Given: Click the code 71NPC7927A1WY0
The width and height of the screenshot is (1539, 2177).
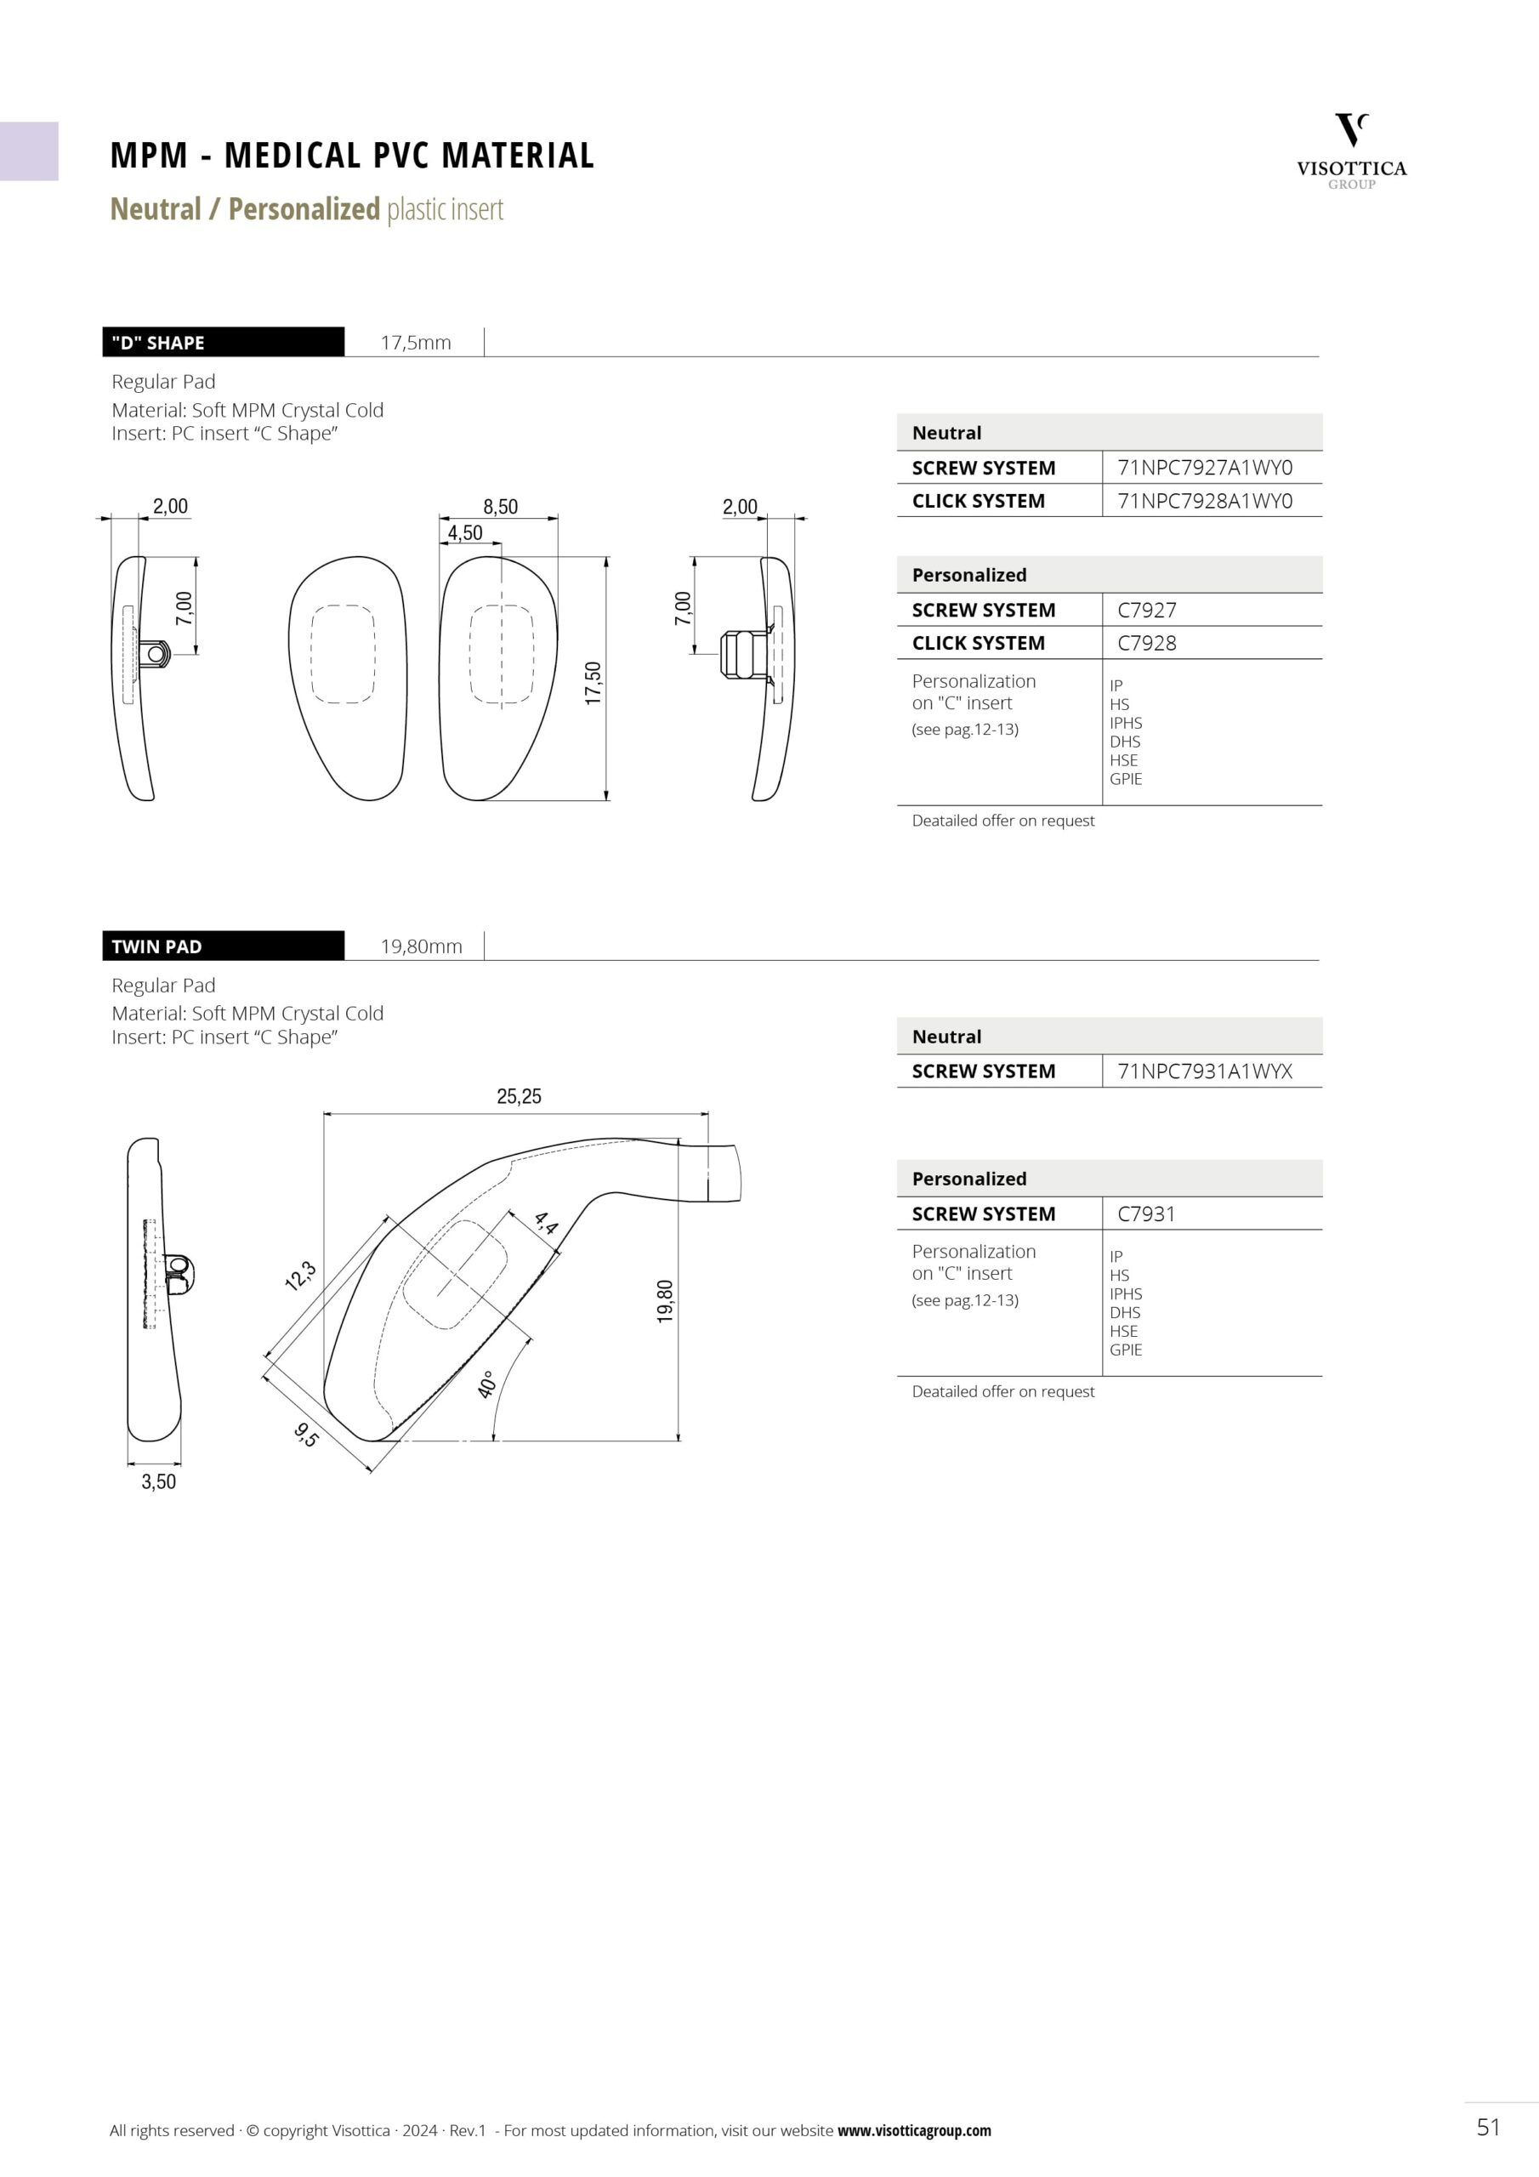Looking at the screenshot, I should (1204, 468).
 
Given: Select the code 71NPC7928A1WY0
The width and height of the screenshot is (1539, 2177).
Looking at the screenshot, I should (1204, 501).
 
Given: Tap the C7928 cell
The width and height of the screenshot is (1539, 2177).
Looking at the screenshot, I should (1146, 643).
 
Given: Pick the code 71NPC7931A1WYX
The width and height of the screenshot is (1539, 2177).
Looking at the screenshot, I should (1204, 1071).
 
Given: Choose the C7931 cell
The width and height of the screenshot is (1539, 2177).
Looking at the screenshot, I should (1145, 1214).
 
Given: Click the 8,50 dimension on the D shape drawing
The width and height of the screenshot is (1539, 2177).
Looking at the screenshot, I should (500, 506).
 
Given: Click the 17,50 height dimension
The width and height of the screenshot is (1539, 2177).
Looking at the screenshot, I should (593, 683).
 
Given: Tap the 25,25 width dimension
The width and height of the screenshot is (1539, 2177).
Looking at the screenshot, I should (519, 1096).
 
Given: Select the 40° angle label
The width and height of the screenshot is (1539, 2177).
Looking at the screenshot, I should (486, 1384).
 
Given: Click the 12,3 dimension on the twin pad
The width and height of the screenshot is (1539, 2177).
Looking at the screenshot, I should (301, 1276).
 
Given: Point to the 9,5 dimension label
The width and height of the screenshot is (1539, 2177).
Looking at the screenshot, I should (306, 1435).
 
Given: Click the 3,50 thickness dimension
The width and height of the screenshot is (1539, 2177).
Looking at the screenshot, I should (158, 1482).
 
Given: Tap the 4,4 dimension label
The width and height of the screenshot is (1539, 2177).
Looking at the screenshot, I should (546, 1223).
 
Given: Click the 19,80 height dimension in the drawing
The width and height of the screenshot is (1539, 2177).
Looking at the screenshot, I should (665, 1301).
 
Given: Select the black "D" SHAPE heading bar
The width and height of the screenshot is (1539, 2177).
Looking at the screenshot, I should (223, 343).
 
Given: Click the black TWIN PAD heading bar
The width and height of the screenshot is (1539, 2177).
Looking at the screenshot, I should (223, 946).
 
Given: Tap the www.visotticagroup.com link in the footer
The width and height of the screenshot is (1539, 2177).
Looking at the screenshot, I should (914, 2130).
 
